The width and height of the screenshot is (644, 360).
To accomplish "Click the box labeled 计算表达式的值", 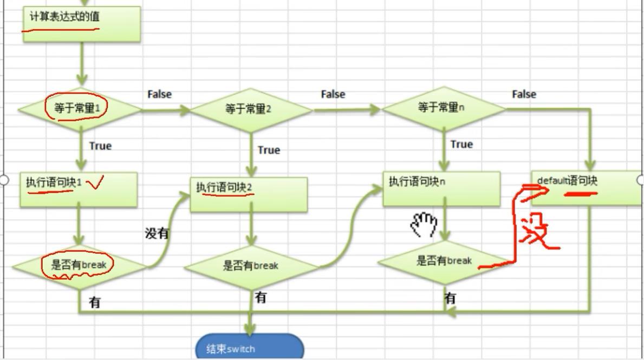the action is click(81, 24).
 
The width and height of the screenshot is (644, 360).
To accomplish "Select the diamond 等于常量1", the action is click(80, 109).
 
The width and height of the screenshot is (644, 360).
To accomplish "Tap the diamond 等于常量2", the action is click(250, 109).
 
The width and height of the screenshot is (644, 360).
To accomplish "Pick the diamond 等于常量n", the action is click(443, 108).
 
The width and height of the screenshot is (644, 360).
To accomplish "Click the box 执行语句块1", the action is click(78, 189).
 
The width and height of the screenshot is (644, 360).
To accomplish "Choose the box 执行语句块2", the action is click(249, 195).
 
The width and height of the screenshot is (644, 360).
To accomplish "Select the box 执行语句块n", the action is click(441, 188).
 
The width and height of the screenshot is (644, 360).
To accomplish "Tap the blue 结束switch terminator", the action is click(249, 348).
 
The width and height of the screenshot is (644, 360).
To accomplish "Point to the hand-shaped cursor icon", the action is click(424, 224).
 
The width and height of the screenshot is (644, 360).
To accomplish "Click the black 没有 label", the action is click(157, 233).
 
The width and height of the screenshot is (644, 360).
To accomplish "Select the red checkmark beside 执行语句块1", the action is click(95, 185).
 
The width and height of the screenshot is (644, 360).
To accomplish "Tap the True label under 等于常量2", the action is click(269, 150).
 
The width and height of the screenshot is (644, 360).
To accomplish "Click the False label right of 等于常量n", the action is click(524, 95).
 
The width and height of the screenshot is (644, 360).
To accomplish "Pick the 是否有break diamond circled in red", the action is click(79, 265).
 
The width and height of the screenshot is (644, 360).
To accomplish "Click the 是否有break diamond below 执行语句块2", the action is click(251, 266).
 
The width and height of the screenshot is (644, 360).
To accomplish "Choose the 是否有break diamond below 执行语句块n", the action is click(444, 261).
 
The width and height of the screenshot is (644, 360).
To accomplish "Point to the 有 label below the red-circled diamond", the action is click(95, 302).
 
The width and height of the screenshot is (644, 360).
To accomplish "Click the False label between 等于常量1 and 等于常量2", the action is click(159, 94).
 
